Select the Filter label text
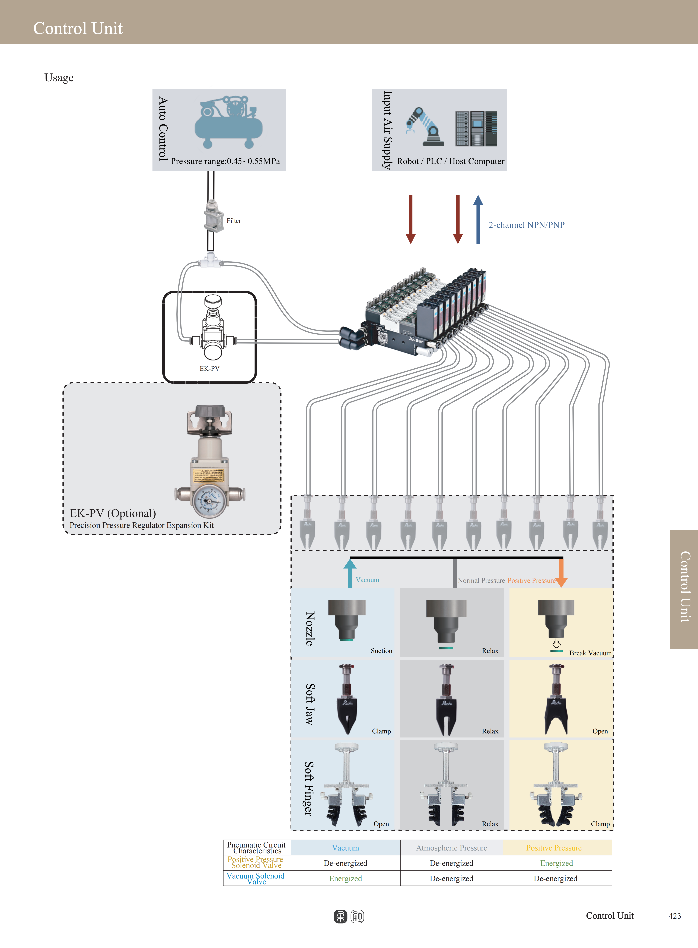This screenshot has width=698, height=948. [234, 221]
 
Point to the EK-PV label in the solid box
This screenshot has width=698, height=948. [210, 368]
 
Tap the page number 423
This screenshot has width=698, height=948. [675, 916]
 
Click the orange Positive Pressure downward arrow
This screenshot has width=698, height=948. [561, 573]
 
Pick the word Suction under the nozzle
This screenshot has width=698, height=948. [381, 651]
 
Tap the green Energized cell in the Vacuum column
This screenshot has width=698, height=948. [346, 878]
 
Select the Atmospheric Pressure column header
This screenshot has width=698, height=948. [451, 848]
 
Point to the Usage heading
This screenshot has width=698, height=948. [59, 78]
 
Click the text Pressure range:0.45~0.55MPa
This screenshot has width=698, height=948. [225, 161]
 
